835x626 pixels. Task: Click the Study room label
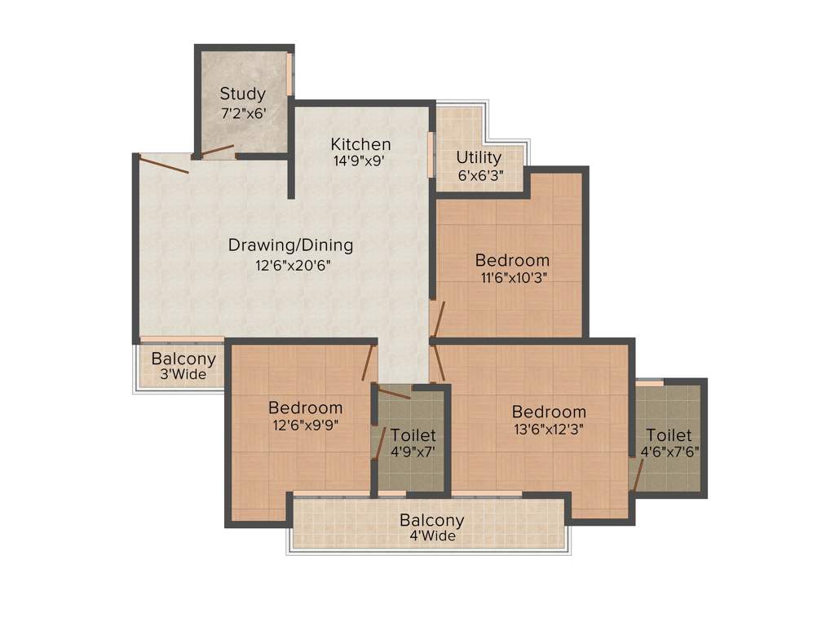tap(242, 94)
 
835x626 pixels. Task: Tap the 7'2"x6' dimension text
tap(242, 113)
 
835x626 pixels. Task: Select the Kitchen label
tap(360, 144)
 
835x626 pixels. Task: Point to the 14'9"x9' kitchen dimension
tap(360, 161)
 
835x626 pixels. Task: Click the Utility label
tap(479, 157)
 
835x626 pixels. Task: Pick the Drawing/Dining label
tap(290, 245)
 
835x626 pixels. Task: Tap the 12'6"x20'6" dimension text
tap(290, 264)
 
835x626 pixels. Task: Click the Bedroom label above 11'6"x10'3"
tap(512, 261)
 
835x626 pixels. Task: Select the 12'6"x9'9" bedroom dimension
tap(306, 425)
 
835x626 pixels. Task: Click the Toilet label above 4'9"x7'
tap(413, 436)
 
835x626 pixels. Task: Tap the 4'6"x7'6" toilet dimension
tap(669, 451)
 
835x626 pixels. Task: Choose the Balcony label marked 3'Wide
tap(183, 359)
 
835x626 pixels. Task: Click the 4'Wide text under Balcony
tap(432, 536)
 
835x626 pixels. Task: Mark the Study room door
tap(217, 151)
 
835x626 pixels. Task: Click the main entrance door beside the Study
tap(164, 164)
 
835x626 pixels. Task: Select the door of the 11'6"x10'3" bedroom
tap(438, 320)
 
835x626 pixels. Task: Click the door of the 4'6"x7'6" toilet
tap(634, 475)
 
